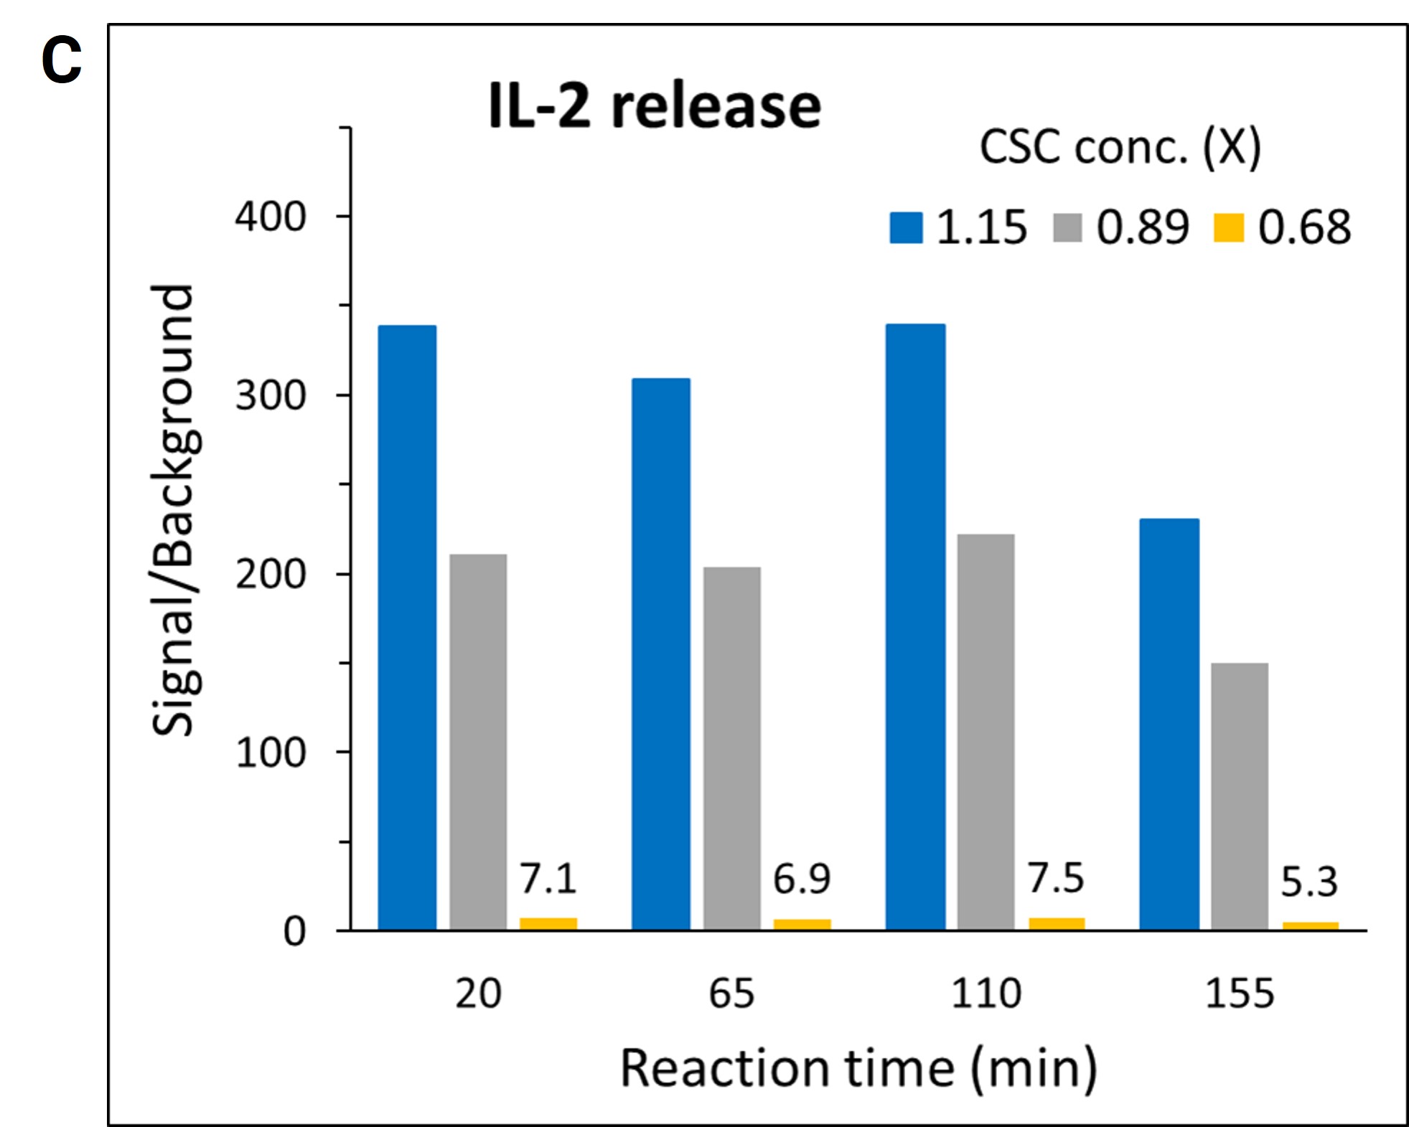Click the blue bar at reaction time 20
[x=407, y=628]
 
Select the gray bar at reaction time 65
[x=731, y=748]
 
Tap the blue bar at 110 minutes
[x=915, y=627]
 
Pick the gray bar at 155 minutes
[x=1240, y=796]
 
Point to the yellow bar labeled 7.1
[x=548, y=923]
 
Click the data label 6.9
[x=802, y=879]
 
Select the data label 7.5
[x=1056, y=878]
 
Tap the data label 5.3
[x=1309, y=882]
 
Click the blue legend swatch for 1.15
[x=906, y=227]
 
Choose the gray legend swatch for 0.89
[x=1067, y=227]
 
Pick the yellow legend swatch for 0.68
[x=1228, y=227]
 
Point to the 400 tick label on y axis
[x=271, y=216]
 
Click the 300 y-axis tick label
[x=271, y=395]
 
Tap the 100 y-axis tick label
[x=271, y=753]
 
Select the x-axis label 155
[x=1240, y=994]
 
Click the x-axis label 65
[x=731, y=994]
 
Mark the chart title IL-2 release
[x=655, y=106]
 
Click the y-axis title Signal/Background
[x=173, y=510]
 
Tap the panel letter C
[x=62, y=60]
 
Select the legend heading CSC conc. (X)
[x=1120, y=147]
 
